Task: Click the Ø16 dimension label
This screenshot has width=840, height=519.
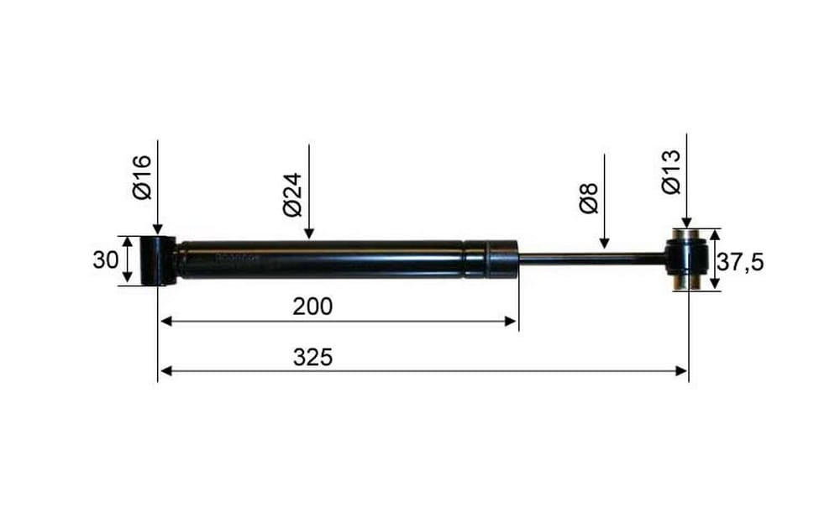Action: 143,177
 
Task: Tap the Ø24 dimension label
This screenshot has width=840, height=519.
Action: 293,195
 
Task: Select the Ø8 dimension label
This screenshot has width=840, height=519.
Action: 590,198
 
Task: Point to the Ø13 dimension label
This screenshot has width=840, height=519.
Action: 671,171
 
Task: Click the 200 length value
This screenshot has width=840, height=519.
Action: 312,307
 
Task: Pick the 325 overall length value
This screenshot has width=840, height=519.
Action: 312,357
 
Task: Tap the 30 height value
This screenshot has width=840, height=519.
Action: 106,260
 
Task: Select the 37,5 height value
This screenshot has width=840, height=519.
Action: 740,263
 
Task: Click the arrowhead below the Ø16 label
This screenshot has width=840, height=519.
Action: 158,229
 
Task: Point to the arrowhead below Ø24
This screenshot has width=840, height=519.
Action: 308,233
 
